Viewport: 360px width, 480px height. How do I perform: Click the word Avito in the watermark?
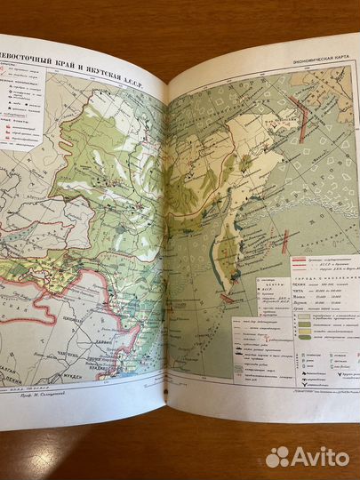point(316,456)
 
